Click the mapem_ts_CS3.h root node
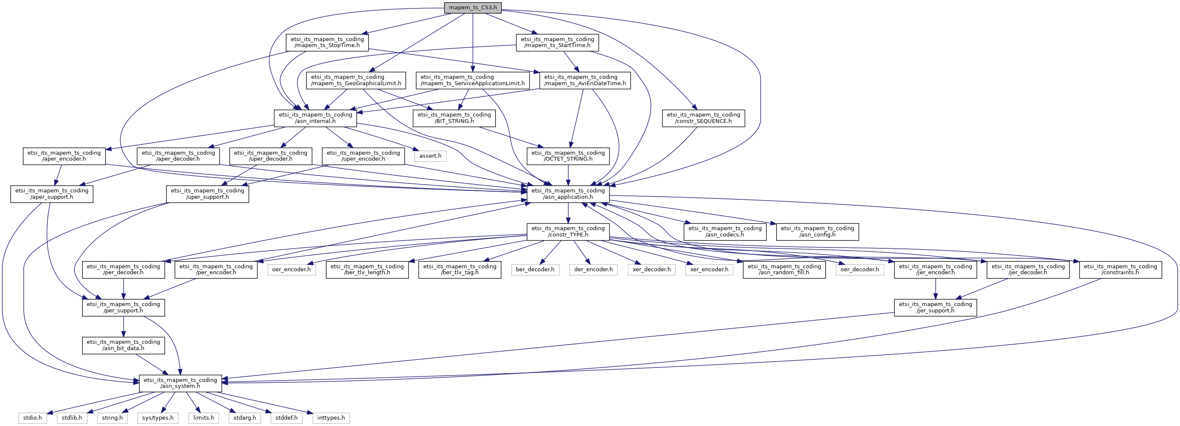(472, 8)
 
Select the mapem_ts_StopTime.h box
(327, 43)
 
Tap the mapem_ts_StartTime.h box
(557, 43)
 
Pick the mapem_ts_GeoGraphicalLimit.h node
(356, 80)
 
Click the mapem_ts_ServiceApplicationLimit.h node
(472, 80)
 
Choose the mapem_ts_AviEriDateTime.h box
(584, 80)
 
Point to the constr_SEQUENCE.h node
(703, 118)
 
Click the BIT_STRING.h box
(454, 118)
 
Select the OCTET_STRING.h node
(568, 156)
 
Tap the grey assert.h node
(430, 156)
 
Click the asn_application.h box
(568, 194)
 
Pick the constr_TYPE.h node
(568, 231)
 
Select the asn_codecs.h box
(725, 231)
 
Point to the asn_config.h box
(817, 231)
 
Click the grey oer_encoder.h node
(291, 270)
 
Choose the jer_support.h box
(935, 307)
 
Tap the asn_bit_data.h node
(123, 345)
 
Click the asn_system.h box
(180, 383)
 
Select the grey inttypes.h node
(331, 418)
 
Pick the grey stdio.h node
(33, 418)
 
